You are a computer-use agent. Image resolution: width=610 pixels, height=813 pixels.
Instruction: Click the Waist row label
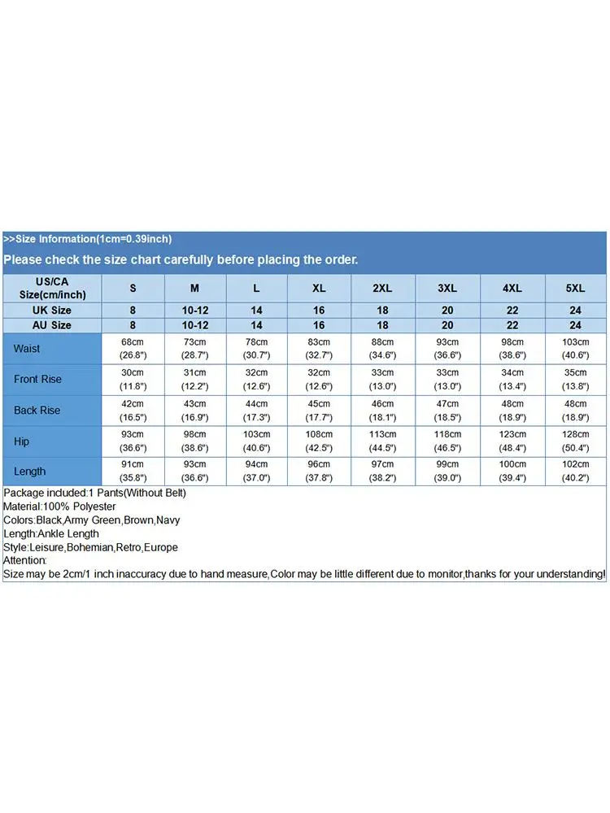click(27, 349)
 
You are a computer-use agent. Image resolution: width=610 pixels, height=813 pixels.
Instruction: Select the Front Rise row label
click(37, 380)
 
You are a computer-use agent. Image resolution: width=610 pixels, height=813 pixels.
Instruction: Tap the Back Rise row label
click(37, 411)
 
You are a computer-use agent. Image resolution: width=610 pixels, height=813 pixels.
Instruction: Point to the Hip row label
click(22, 441)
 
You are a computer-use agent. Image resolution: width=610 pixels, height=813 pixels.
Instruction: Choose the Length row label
click(29, 472)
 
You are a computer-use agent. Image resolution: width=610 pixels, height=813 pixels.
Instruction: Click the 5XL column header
click(575, 288)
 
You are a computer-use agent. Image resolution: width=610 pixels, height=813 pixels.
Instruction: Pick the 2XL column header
click(382, 288)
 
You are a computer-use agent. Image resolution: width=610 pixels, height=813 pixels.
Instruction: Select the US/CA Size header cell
click(51, 288)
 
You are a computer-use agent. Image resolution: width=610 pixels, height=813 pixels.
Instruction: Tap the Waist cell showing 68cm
click(133, 348)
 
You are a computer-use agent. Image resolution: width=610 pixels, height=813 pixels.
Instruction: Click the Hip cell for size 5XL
click(575, 441)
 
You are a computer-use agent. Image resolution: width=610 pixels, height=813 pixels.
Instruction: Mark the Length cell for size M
click(194, 472)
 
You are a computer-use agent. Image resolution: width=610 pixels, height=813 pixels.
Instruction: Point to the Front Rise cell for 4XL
click(513, 380)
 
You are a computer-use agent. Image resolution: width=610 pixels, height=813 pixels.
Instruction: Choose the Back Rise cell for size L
click(256, 411)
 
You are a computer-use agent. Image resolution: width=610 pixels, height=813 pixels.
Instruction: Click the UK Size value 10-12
click(194, 311)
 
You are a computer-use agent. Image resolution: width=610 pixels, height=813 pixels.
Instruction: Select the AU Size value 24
click(575, 325)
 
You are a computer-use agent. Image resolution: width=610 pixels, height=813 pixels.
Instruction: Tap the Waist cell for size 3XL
click(447, 348)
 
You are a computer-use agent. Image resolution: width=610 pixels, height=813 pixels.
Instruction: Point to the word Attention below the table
click(25, 561)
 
